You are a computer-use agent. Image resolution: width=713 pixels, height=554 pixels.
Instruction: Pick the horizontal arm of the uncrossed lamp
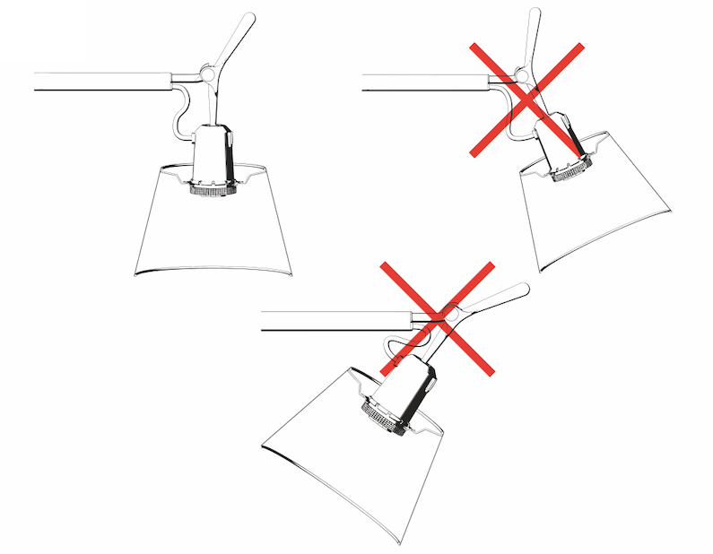pyautogui.click(x=99, y=81)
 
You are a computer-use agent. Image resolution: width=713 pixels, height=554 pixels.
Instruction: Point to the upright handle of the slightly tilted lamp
pyautogui.click(x=532, y=31)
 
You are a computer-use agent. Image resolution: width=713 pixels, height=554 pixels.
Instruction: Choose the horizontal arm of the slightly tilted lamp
pyautogui.click(x=422, y=82)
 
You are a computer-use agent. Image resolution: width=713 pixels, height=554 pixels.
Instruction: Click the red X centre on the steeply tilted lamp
pyautogui.click(x=438, y=318)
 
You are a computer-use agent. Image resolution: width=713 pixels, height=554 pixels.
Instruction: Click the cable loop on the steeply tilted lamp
pyautogui.click(x=395, y=345)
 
